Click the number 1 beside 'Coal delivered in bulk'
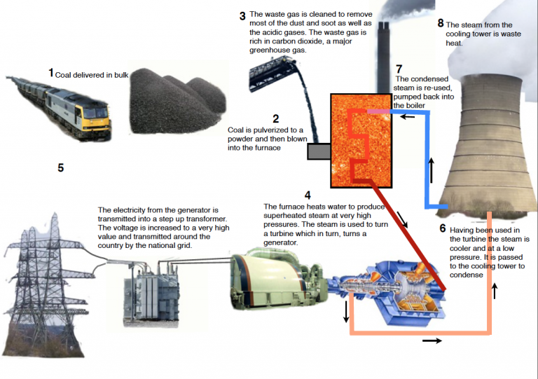[51, 73]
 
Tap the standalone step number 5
[61, 168]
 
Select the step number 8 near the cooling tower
[441, 23]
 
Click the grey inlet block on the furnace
[319, 151]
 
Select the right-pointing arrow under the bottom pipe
[433, 340]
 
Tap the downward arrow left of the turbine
[345, 312]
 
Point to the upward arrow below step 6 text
[496, 290]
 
